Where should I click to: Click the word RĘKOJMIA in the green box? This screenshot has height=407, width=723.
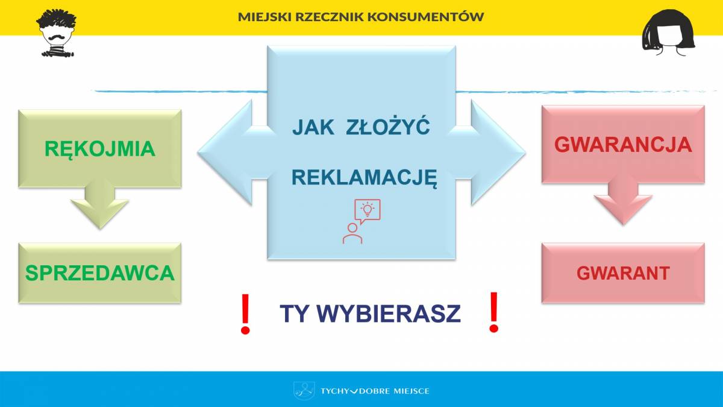100,150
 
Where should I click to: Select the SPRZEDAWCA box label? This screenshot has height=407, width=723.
100,273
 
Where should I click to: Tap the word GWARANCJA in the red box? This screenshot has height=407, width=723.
623,145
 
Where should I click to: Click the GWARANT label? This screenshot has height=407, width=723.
623,273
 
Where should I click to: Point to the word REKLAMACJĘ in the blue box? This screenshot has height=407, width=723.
364,178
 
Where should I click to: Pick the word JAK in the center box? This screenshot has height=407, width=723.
313,127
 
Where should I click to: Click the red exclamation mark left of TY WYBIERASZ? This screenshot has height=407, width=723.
245,314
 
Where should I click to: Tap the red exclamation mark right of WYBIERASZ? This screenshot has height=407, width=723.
493,312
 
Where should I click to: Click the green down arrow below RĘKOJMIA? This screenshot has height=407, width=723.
100,204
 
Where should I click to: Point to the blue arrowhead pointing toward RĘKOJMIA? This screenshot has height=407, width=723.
226,153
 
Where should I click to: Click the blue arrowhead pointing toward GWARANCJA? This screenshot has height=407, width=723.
498,153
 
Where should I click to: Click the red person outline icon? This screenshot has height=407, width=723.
352,233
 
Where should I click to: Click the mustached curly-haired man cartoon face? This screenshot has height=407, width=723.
57,33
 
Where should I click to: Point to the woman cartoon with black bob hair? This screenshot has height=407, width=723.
669,33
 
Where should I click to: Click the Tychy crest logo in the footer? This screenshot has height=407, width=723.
304,391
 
